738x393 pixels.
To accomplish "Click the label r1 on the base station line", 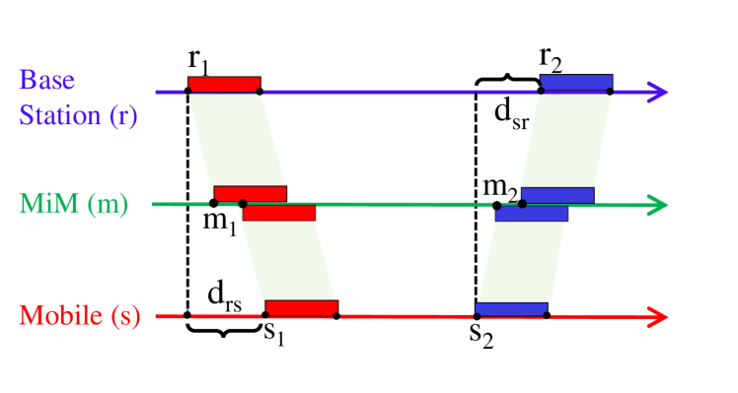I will [199, 60].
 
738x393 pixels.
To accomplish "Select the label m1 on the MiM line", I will [219, 224].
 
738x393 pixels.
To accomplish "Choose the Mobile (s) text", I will [80, 316].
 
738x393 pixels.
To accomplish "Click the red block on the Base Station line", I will [224, 84].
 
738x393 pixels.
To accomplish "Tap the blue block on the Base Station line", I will [576, 83].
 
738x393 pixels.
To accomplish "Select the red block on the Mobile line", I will [301, 307].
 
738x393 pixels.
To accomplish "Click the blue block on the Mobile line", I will [511, 309].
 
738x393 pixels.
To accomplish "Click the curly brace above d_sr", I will [507, 79].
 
